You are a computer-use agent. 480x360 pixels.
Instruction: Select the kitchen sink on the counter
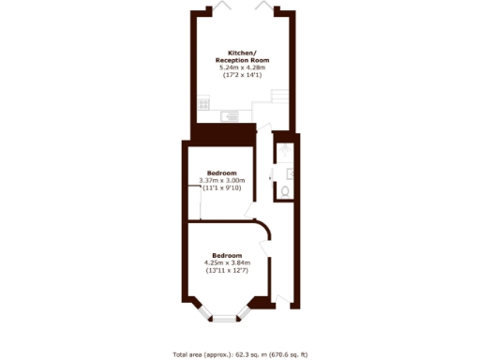(229, 116)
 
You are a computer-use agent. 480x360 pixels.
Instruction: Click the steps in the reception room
(279, 97)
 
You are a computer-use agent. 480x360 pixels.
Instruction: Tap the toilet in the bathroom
(285, 191)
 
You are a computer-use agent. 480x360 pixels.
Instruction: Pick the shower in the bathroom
(286, 149)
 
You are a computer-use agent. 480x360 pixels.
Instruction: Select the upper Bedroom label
(222, 173)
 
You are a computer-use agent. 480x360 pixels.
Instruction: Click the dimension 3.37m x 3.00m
(222, 181)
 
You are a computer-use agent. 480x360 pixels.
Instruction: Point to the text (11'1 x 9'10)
(222, 188)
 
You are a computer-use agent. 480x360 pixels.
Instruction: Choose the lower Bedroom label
(228, 256)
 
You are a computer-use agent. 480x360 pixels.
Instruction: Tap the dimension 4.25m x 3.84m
(228, 263)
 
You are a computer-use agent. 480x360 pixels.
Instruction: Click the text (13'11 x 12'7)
(228, 271)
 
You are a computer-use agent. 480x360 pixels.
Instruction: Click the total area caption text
(240, 354)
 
